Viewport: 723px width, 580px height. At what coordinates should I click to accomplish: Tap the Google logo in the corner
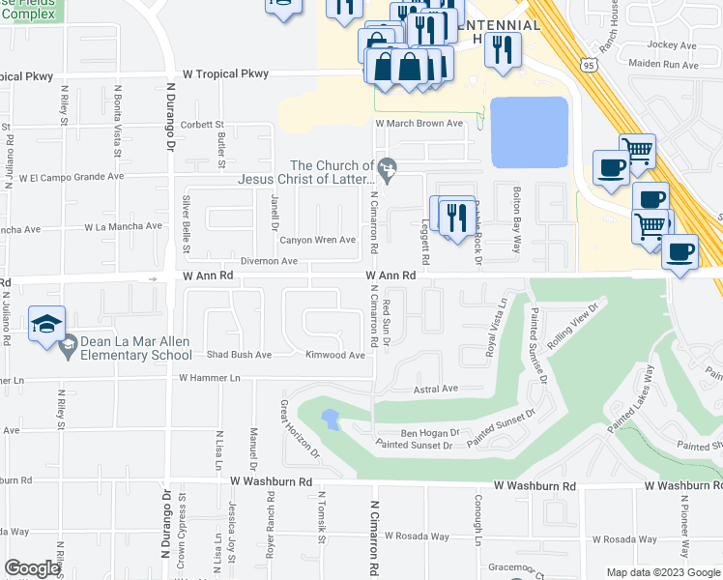coord(32,568)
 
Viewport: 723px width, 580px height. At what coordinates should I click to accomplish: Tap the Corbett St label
coord(202,125)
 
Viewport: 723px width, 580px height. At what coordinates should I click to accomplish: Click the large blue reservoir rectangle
coord(529,131)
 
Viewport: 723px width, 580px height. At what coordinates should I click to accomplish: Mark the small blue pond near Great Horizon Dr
coord(331,420)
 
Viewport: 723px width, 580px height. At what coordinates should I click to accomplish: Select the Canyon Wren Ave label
coord(318,240)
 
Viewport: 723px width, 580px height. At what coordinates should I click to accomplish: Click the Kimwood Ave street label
coord(334,355)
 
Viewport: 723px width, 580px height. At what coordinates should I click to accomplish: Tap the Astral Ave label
coord(435,389)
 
